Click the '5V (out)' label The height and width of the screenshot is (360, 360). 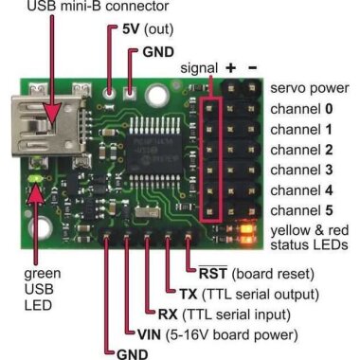tap(142, 28)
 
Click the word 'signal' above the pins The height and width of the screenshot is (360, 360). tap(197, 68)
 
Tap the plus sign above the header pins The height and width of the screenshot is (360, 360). tap(230, 68)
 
